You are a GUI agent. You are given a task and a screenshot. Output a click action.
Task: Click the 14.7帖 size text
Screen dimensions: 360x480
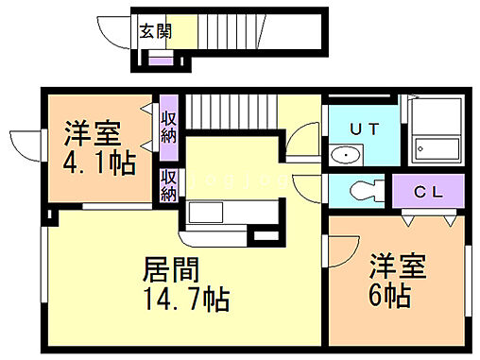point(185,301)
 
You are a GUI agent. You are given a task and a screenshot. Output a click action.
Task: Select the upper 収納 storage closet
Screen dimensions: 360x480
point(169,126)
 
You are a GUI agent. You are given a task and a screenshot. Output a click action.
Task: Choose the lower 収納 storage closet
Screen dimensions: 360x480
point(169,185)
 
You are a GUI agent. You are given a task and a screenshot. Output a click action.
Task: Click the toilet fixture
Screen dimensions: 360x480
point(361,191)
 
